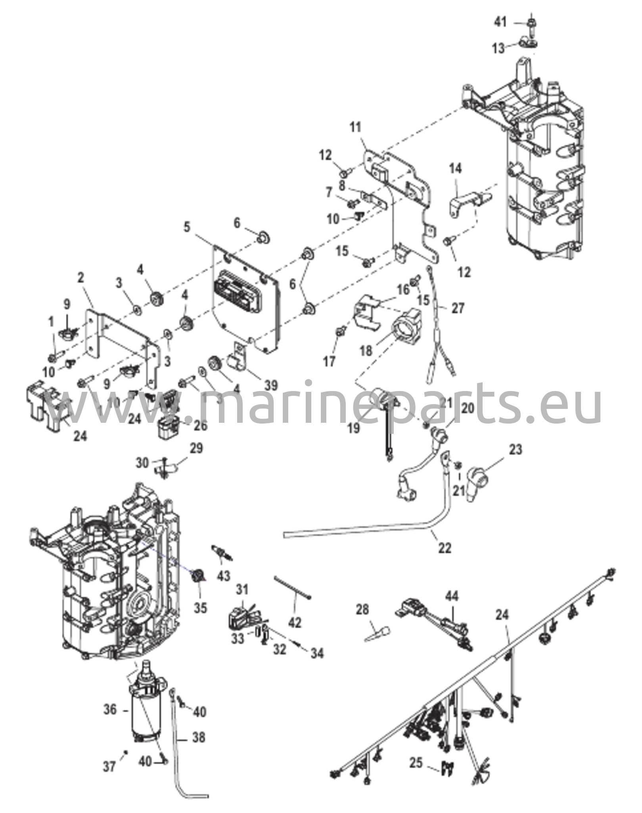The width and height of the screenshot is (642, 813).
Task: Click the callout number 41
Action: tap(500, 23)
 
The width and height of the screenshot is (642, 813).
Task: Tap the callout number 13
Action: tap(498, 48)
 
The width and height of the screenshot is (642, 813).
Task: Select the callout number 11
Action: tap(355, 128)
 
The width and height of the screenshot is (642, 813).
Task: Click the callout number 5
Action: tap(187, 227)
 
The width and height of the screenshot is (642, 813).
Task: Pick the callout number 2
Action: tap(81, 278)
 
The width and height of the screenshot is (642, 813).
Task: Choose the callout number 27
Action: tap(458, 308)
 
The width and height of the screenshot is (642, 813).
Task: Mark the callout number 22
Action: tap(445, 548)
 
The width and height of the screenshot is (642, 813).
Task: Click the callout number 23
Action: tap(515, 450)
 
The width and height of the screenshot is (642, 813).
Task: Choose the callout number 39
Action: tap(271, 385)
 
